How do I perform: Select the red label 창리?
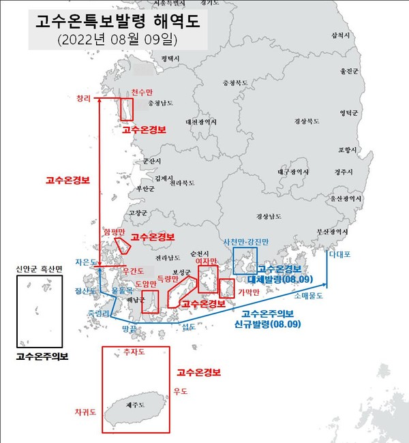pos(84,98)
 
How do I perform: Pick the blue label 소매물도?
pos(309,296)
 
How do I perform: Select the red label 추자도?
pos(134,354)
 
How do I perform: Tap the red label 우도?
pos(181,391)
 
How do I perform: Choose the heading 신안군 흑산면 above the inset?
pos(39,269)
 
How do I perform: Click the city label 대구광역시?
pos(294,172)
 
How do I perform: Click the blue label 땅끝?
pos(130,328)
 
